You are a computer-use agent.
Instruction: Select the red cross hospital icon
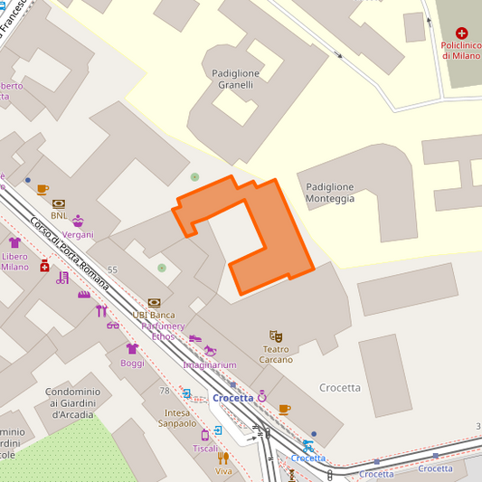pos(463,32)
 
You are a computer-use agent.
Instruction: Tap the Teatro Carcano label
pos(277,354)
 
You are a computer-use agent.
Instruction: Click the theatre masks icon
pos(277,336)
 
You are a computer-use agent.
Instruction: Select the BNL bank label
pos(59,215)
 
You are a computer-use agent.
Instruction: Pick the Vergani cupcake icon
pos(78,222)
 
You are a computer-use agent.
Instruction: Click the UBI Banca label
pos(154,315)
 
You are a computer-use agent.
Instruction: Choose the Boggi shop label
pos(132,363)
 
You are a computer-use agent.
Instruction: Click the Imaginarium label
pos(209,364)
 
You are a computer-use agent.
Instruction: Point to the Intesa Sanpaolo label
pos(176,418)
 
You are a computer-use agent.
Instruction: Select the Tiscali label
pos(205,449)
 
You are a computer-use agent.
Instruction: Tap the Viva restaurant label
pos(223,471)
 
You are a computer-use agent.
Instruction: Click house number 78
pos(164,391)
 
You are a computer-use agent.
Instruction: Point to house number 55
pos(112,269)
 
